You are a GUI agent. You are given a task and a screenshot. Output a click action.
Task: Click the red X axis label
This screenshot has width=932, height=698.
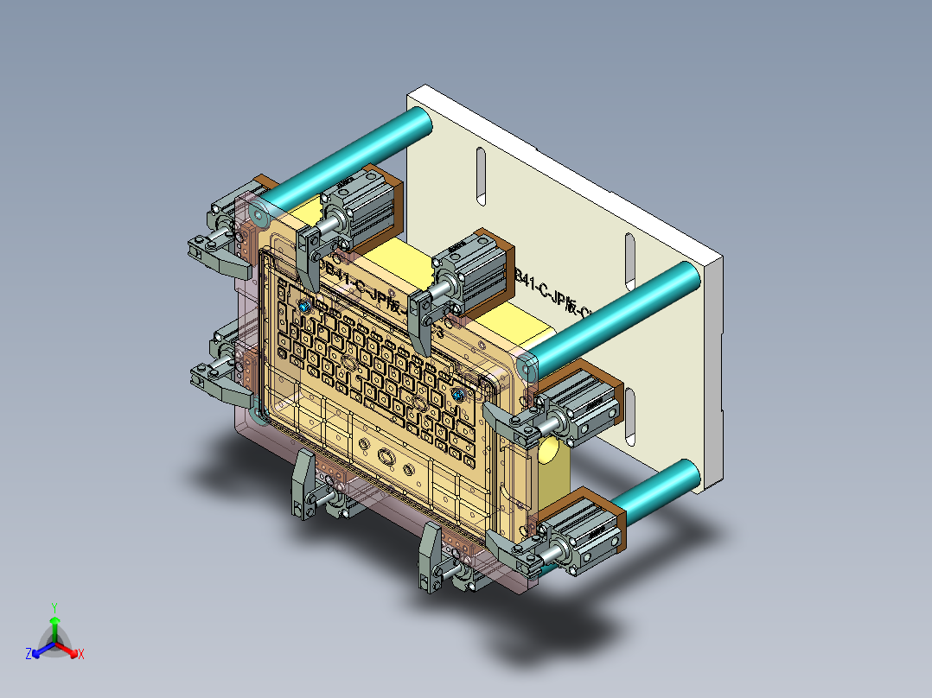80,655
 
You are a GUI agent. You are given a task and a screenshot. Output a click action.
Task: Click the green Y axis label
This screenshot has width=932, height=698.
54,607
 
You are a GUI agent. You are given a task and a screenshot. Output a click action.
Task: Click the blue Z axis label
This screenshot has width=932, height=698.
29,655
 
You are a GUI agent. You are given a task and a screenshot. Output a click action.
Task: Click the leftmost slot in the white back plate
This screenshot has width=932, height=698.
481,176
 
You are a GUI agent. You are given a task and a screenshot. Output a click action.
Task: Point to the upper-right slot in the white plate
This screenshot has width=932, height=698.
629,260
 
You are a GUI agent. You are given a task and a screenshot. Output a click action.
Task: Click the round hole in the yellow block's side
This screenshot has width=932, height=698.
549,451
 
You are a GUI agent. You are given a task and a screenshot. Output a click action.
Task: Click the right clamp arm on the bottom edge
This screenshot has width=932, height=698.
430,557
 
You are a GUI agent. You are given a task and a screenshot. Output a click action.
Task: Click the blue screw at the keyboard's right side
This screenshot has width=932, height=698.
458,395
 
